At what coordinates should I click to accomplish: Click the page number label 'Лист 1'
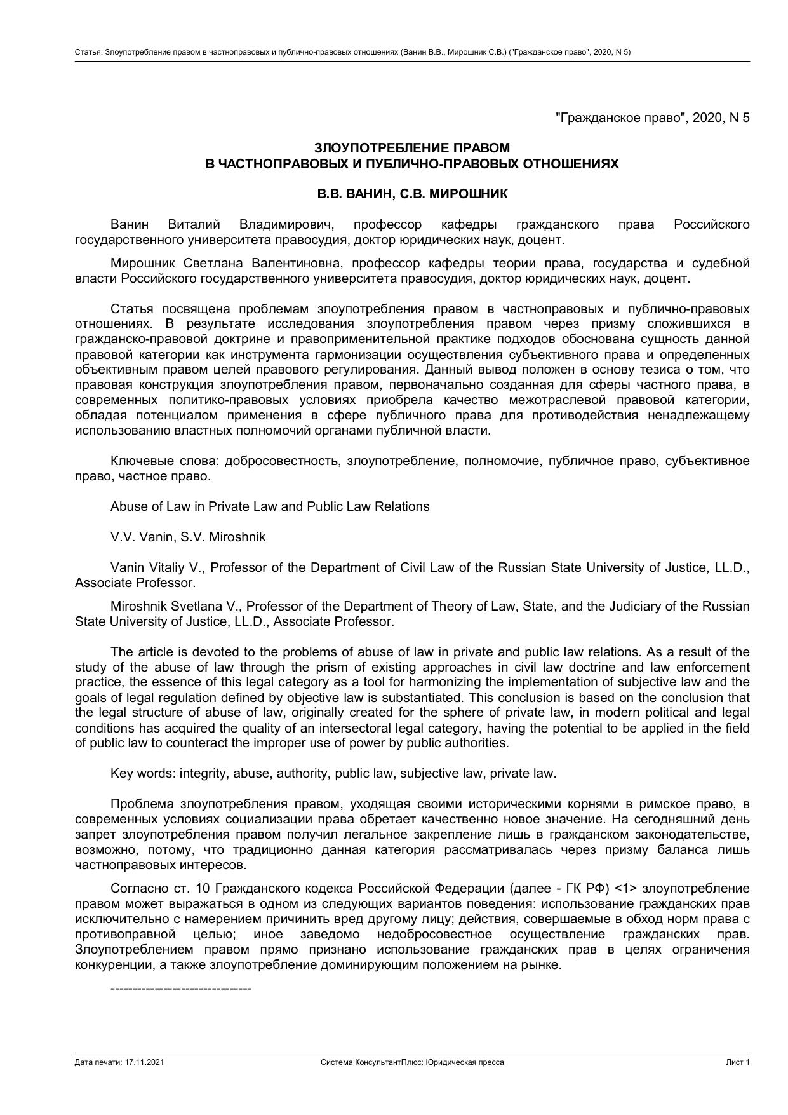click(x=738, y=1062)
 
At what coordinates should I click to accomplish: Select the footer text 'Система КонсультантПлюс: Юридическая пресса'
click(x=412, y=1062)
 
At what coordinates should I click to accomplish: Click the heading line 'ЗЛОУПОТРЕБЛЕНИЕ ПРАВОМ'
click(x=412, y=148)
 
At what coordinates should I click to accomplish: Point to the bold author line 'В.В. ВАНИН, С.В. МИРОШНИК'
click(x=412, y=194)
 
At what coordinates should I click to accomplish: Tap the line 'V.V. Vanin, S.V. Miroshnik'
click(x=188, y=537)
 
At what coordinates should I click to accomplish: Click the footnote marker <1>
click(x=625, y=888)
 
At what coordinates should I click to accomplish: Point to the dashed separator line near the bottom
click(x=181, y=989)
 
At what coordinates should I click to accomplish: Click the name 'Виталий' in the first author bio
click(x=194, y=224)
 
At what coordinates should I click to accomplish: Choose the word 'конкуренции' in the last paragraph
click(x=107, y=964)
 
